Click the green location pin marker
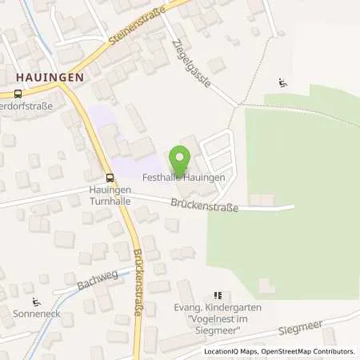point(180,158)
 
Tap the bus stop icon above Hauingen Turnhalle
point(110,178)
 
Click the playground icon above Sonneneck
point(35,302)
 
